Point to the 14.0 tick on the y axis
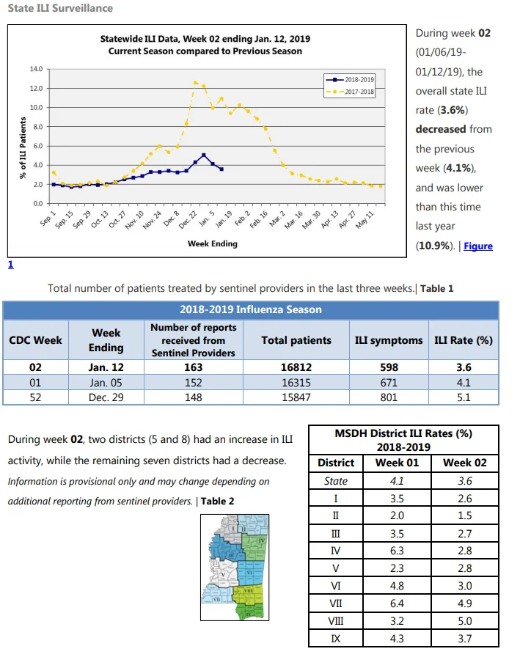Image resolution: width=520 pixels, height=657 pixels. click(x=36, y=69)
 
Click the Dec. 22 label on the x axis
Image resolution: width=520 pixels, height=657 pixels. click(x=188, y=219)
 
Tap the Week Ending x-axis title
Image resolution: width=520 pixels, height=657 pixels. click(x=213, y=243)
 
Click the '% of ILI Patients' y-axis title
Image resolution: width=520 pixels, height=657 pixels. click(x=23, y=147)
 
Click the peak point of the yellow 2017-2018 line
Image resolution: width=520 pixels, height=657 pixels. click(x=195, y=83)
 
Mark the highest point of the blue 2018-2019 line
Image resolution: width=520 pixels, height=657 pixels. click(x=204, y=155)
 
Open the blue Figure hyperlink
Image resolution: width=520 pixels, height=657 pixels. click(x=478, y=246)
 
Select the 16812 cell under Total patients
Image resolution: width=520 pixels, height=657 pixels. click(x=296, y=367)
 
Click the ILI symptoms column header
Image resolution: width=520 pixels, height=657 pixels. click(x=389, y=340)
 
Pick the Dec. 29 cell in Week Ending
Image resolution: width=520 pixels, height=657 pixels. click(x=106, y=397)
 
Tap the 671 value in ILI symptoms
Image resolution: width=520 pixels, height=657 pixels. click(x=389, y=383)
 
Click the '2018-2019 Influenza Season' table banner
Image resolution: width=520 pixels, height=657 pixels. click(x=251, y=309)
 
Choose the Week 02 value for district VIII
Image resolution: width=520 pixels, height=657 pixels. click(x=465, y=621)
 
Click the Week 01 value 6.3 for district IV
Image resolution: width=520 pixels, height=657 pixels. click(x=397, y=551)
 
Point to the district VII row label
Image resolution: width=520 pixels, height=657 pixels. click(x=336, y=603)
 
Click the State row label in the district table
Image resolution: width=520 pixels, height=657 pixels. click(x=336, y=481)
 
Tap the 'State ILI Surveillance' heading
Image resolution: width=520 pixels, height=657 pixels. click(x=60, y=8)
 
